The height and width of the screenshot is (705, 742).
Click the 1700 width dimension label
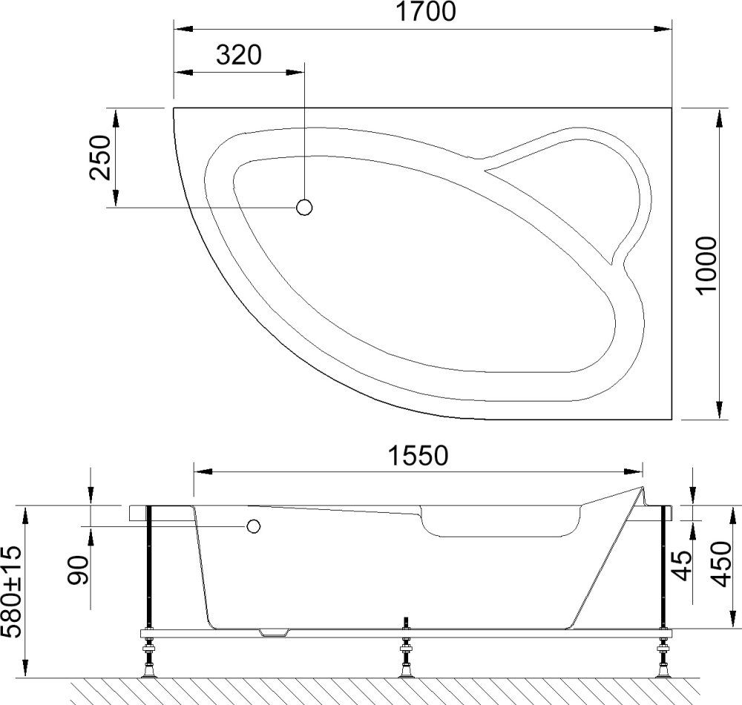coord(421,12)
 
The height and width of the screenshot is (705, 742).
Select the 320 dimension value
coord(239,56)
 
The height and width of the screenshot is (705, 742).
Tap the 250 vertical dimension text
coord(99,158)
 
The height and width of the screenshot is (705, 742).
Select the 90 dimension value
coord(81,569)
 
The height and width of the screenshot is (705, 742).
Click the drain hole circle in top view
coord(304,208)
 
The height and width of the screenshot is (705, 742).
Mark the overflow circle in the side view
coord(254,527)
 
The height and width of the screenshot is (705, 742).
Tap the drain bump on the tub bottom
coord(275,633)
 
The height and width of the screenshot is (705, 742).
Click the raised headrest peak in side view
coord(643,491)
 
